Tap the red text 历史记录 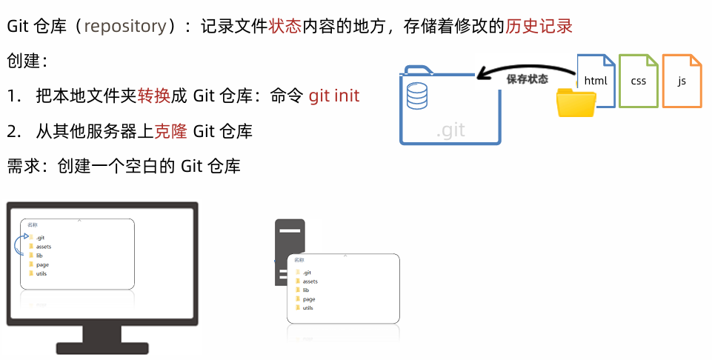coord(539,27)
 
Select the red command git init coord(334,96)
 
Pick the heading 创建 coord(23,61)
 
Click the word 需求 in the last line coord(23,166)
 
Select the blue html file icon coord(596,79)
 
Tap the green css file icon coord(638,80)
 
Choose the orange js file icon coord(682,80)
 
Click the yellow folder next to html coord(576,103)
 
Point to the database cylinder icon coord(417,95)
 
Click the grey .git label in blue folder coord(450,130)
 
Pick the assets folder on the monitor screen coord(43,246)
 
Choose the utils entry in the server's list coord(307,307)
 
